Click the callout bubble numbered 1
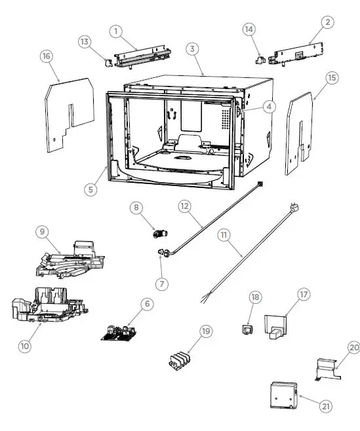pyautogui.click(x=116, y=31)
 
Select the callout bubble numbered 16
pyautogui.click(x=47, y=57)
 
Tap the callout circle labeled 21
pyautogui.click(x=326, y=406)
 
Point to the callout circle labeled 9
pyautogui.click(x=41, y=231)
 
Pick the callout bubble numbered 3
pyautogui.click(x=191, y=49)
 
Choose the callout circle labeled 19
pyautogui.click(x=206, y=331)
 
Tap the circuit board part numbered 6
pyautogui.click(x=119, y=331)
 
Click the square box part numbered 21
pyautogui.click(x=283, y=395)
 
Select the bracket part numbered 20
pyautogui.click(x=327, y=369)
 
